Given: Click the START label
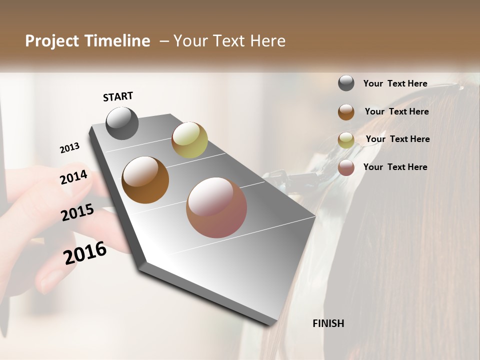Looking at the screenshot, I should [118, 96].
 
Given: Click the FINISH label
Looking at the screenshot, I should [328, 323].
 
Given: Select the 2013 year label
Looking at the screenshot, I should [69, 148].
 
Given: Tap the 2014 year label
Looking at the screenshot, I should [74, 177].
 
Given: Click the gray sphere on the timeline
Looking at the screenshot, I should [122, 123].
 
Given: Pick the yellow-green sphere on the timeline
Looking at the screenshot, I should [189, 140].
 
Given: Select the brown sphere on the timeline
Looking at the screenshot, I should [145, 180].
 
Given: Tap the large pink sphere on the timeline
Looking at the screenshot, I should [216, 207].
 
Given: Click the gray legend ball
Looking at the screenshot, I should [346, 83].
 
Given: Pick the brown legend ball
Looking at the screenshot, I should [346, 111].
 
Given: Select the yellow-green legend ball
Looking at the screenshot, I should [346, 140].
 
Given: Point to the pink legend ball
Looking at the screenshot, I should [346, 167].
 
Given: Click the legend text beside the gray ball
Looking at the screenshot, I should [395, 83].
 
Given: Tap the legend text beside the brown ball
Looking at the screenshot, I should [396, 111].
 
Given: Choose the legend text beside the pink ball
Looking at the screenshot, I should [395, 167].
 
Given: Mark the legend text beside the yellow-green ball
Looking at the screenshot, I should [397, 139].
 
